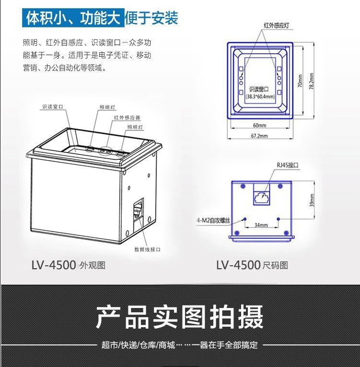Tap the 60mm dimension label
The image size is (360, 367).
(x=259, y=125)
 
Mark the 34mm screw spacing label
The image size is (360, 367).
(x=261, y=225)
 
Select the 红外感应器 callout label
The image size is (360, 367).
(x=127, y=117)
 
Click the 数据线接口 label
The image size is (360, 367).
(x=147, y=249)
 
